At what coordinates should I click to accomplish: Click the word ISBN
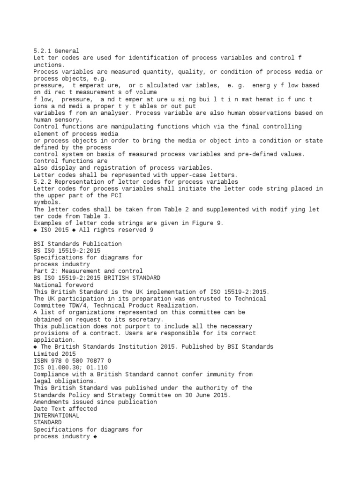click(x=41, y=360)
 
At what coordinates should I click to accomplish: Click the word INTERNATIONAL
click(x=56, y=415)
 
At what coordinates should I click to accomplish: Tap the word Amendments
click(x=52, y=402)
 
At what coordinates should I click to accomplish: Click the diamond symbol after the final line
click(x=95, y=436)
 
